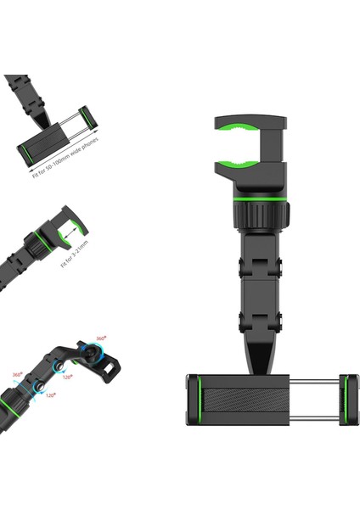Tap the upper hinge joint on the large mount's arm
tap(252, 259)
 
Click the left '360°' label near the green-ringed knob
tap(19, 374)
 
